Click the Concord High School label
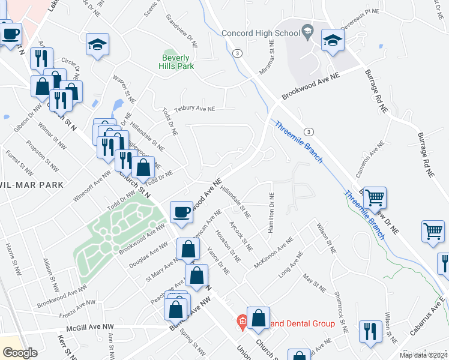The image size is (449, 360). click(260, 33)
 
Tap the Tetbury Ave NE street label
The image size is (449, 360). click(194, 109)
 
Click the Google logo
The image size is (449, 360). click(20, 353)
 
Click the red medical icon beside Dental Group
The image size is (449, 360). click(242, 323)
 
